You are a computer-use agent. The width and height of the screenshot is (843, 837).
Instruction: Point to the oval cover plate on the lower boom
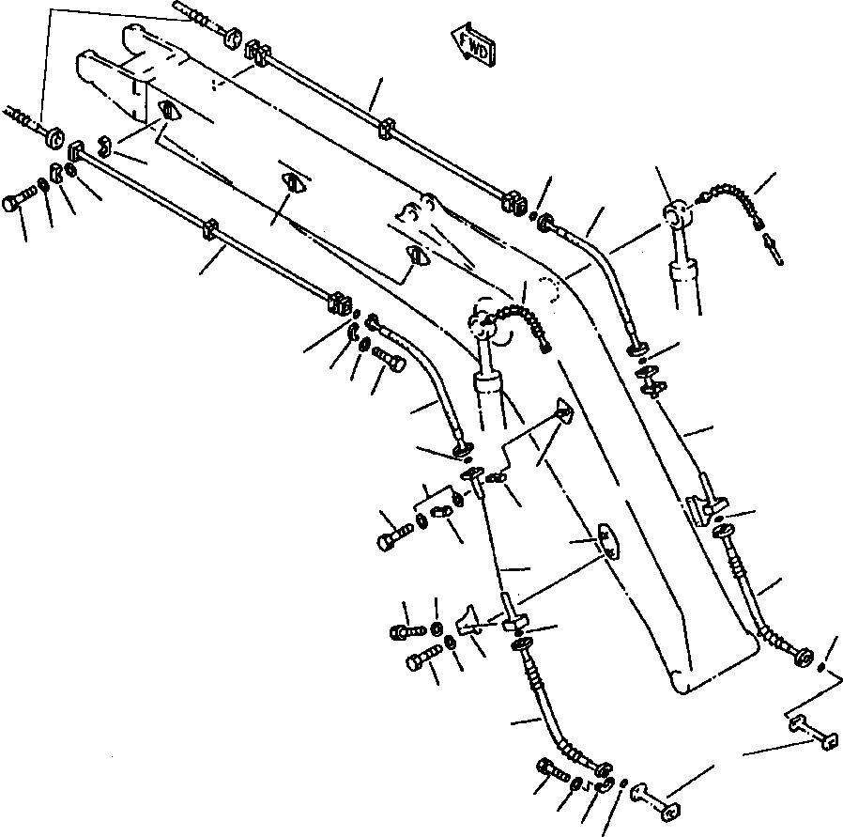click(x=611, y=544)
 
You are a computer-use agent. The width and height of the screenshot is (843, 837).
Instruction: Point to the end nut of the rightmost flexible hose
click(x=805, y=657)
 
